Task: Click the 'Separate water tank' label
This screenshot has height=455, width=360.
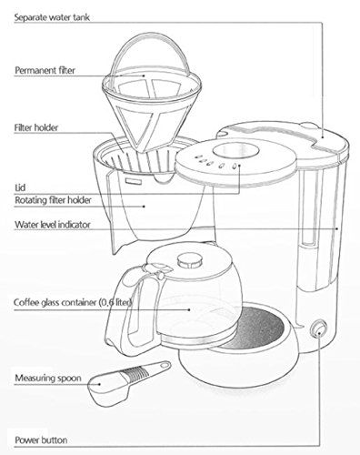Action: click(x=52, y=17)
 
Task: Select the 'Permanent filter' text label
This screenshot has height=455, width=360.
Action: click(x=45, y=70)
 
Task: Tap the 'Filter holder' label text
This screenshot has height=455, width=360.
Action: click(x=36, y=127)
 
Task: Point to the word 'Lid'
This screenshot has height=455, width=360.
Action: click(x=20, y=187)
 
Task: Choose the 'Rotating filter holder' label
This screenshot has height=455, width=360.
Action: click(x=53, y=200)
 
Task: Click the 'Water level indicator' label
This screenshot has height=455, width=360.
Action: click(x=53, y=225)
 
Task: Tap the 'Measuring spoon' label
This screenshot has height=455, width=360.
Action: click(x=48, y=379)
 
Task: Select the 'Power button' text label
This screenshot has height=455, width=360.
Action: click(x=41, y=440)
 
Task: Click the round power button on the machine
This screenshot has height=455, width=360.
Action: click(x=318, y=329)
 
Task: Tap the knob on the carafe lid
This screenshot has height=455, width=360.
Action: click(x=190, y=261)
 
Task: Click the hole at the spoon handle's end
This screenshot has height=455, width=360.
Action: click(x=165, y=365)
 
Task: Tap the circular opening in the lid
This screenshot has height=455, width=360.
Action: click(x=235, y=150)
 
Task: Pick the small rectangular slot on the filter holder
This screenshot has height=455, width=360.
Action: click(x=134, y=181)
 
